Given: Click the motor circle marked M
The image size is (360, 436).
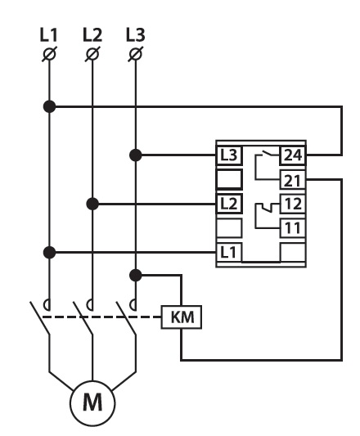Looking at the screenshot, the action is click(92, 403).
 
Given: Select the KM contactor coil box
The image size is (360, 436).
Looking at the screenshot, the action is click(182, 317).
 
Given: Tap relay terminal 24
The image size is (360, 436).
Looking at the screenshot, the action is click(293, 155).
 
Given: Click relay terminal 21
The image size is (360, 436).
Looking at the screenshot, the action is click(293, 180).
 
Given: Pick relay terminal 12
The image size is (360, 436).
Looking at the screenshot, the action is click(293, 204).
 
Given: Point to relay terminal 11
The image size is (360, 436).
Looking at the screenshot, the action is click(293, 228).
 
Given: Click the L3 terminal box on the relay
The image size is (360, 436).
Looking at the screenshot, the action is click(229, 155).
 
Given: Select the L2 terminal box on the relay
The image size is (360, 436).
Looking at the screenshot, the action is click(229, 204).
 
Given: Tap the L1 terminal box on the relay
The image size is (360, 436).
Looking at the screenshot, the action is click(229, 253).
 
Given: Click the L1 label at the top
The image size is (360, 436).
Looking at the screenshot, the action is click(49, 34).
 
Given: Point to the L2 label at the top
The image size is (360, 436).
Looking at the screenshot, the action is click(92, 34).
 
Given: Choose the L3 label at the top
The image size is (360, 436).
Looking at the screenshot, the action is click(136, 34).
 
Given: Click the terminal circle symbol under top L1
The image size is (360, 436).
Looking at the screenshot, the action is click(50, 54).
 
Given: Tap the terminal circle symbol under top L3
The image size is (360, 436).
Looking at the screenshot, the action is click(136, 54).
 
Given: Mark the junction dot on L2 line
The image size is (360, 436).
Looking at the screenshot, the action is click(92, 205).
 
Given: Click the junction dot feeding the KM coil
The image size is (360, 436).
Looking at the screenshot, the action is click(136, 276).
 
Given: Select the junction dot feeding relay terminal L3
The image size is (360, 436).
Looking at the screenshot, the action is click(136, 155).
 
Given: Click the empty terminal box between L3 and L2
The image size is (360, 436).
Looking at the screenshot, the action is click(229, 179).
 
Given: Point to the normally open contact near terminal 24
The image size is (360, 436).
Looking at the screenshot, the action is click(267, 154).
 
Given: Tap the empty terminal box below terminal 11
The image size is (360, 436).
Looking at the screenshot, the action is click(293, 253).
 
